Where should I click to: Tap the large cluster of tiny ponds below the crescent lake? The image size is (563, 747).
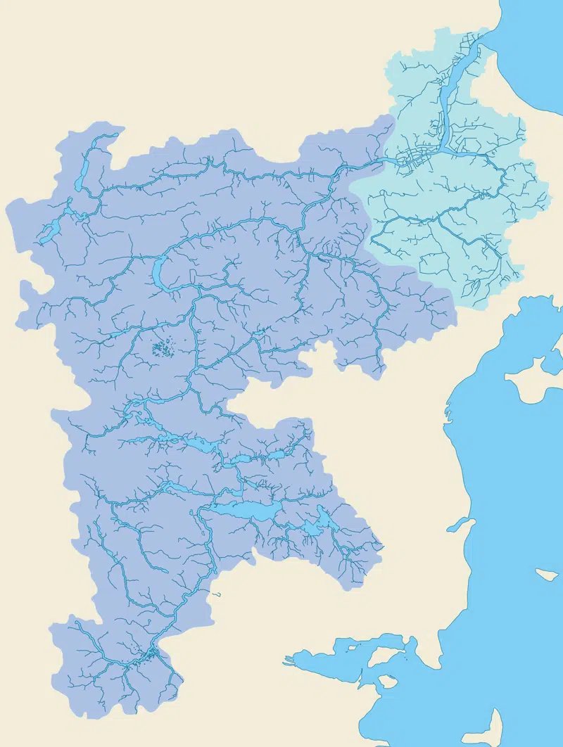coord(163,348)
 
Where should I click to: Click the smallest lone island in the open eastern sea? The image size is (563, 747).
coord(546,574)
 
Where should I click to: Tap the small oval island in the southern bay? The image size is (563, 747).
coord(386,681)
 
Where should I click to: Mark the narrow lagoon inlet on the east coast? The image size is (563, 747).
coord(461,523)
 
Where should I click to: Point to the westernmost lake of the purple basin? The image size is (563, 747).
coord(49,231)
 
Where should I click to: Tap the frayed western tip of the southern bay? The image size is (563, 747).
coord(289,662)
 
